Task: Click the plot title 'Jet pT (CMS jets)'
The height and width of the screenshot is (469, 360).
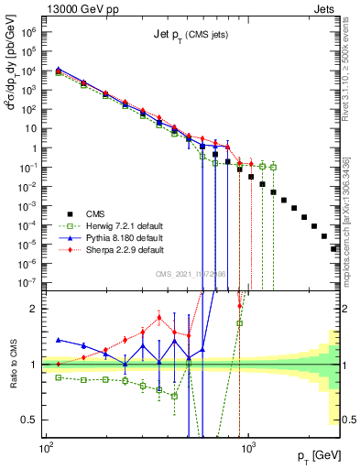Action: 190,36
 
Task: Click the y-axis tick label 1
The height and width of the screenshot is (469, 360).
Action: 36,147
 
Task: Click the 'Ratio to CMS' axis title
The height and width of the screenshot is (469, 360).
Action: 11,365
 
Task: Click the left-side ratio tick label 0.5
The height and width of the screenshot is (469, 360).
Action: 31,420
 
